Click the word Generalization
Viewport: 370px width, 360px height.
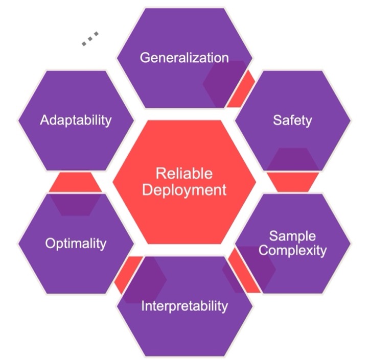pos(184,57)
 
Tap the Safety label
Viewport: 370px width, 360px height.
pos(292,121)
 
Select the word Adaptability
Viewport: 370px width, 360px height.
pos(76,121)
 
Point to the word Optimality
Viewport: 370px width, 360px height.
pos(75,243)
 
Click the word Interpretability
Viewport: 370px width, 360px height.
pos(184,306)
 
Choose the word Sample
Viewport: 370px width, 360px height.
pos(292,236)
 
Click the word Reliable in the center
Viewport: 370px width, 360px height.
pos(184,174)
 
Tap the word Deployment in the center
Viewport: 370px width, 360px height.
pos(184,190)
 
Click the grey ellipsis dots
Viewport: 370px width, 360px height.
pos(90,39)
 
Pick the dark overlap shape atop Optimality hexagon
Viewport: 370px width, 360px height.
pos(75,203)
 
